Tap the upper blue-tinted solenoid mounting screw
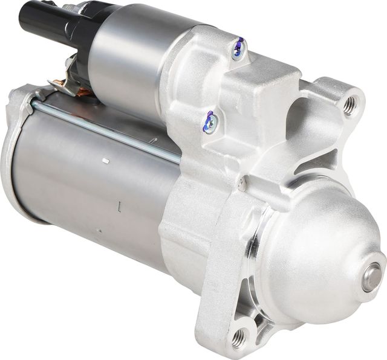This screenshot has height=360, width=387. pyautogui.click(x=238, y=48)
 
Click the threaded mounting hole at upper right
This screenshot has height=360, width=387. pyautogui.click(x=350, y=106)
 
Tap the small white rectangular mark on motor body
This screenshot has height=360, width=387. pyautogui.click(x=105, y=161)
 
